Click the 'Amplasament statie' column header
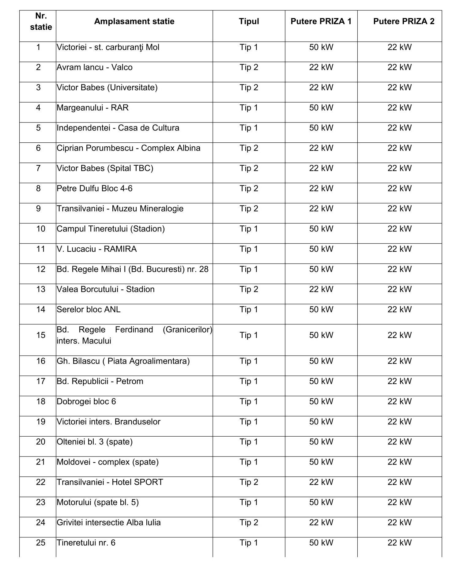134,21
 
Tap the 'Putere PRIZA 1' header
321,21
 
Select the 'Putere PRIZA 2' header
404,21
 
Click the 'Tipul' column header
249,21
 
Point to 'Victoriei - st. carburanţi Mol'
108,47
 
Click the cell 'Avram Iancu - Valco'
95,67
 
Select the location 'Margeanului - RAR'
92,108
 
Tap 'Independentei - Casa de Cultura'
118,128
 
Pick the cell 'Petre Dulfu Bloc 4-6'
95,189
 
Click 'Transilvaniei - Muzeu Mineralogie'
120,209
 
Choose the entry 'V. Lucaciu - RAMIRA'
97,249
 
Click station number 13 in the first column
41,289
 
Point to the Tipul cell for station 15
249,335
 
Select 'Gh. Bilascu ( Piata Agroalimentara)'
123,361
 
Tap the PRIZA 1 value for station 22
321,482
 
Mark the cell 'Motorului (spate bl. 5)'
98,502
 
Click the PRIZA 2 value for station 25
400,543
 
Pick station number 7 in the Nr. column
38,168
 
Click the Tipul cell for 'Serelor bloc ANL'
249,310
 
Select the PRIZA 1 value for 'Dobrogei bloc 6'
321,401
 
